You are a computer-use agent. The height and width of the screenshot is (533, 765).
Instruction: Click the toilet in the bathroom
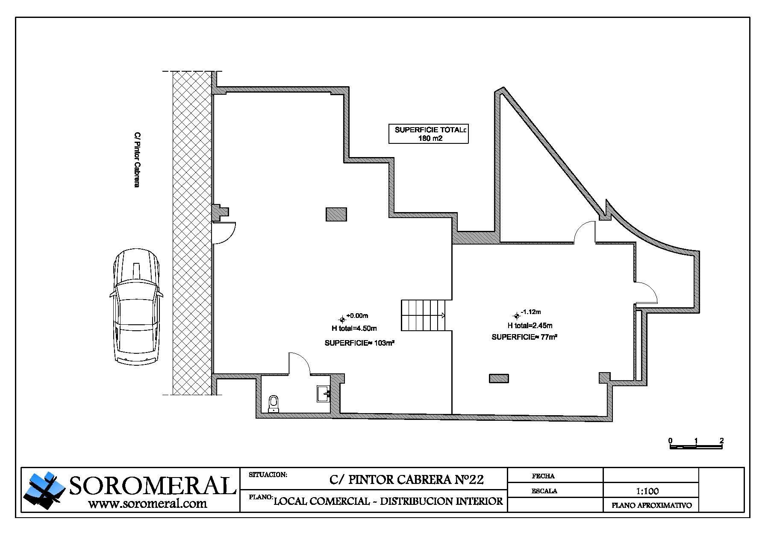pyautogui.click(x=273, y=404)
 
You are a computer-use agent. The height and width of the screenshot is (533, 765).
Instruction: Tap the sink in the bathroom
pyautogui.click(x=323, y=393)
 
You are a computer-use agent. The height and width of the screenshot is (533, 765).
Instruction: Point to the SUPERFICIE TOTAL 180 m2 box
pyautogui.click(x=428, y=134)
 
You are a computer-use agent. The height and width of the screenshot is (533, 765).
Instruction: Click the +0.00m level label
pyautogui.click(x=357, y=316)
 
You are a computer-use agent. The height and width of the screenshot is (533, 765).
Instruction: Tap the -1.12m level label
pyautogui.click(x=531, y=312)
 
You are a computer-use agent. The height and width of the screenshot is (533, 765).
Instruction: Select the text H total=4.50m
pyautogui.click(x=354, y=328)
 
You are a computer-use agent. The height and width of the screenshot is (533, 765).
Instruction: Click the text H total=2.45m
pyautogui.click(x=530, y=326)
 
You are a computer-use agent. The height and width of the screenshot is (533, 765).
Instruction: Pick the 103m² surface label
pyautogui.click(x=359, y=343)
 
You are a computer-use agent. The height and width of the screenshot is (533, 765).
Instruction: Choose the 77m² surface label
pyautogui.click(x=524, y=337)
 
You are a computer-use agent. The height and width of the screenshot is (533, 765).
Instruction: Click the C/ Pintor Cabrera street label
pyautogui.click(x=136, y=160)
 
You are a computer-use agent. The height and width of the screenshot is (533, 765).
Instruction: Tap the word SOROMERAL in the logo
pyautogui.click(x=153, y=486)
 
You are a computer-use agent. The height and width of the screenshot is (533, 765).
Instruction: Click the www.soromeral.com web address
pyautogui.click(x=147, y=504)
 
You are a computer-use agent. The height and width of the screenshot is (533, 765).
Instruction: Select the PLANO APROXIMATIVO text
pyautogui.click(x=652, y=506)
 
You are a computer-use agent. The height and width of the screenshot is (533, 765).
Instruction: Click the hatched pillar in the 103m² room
pyautogui.click(x=336, y=214)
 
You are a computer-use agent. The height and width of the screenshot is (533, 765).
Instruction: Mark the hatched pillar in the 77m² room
pyautogui.click(x=499, y=379)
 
